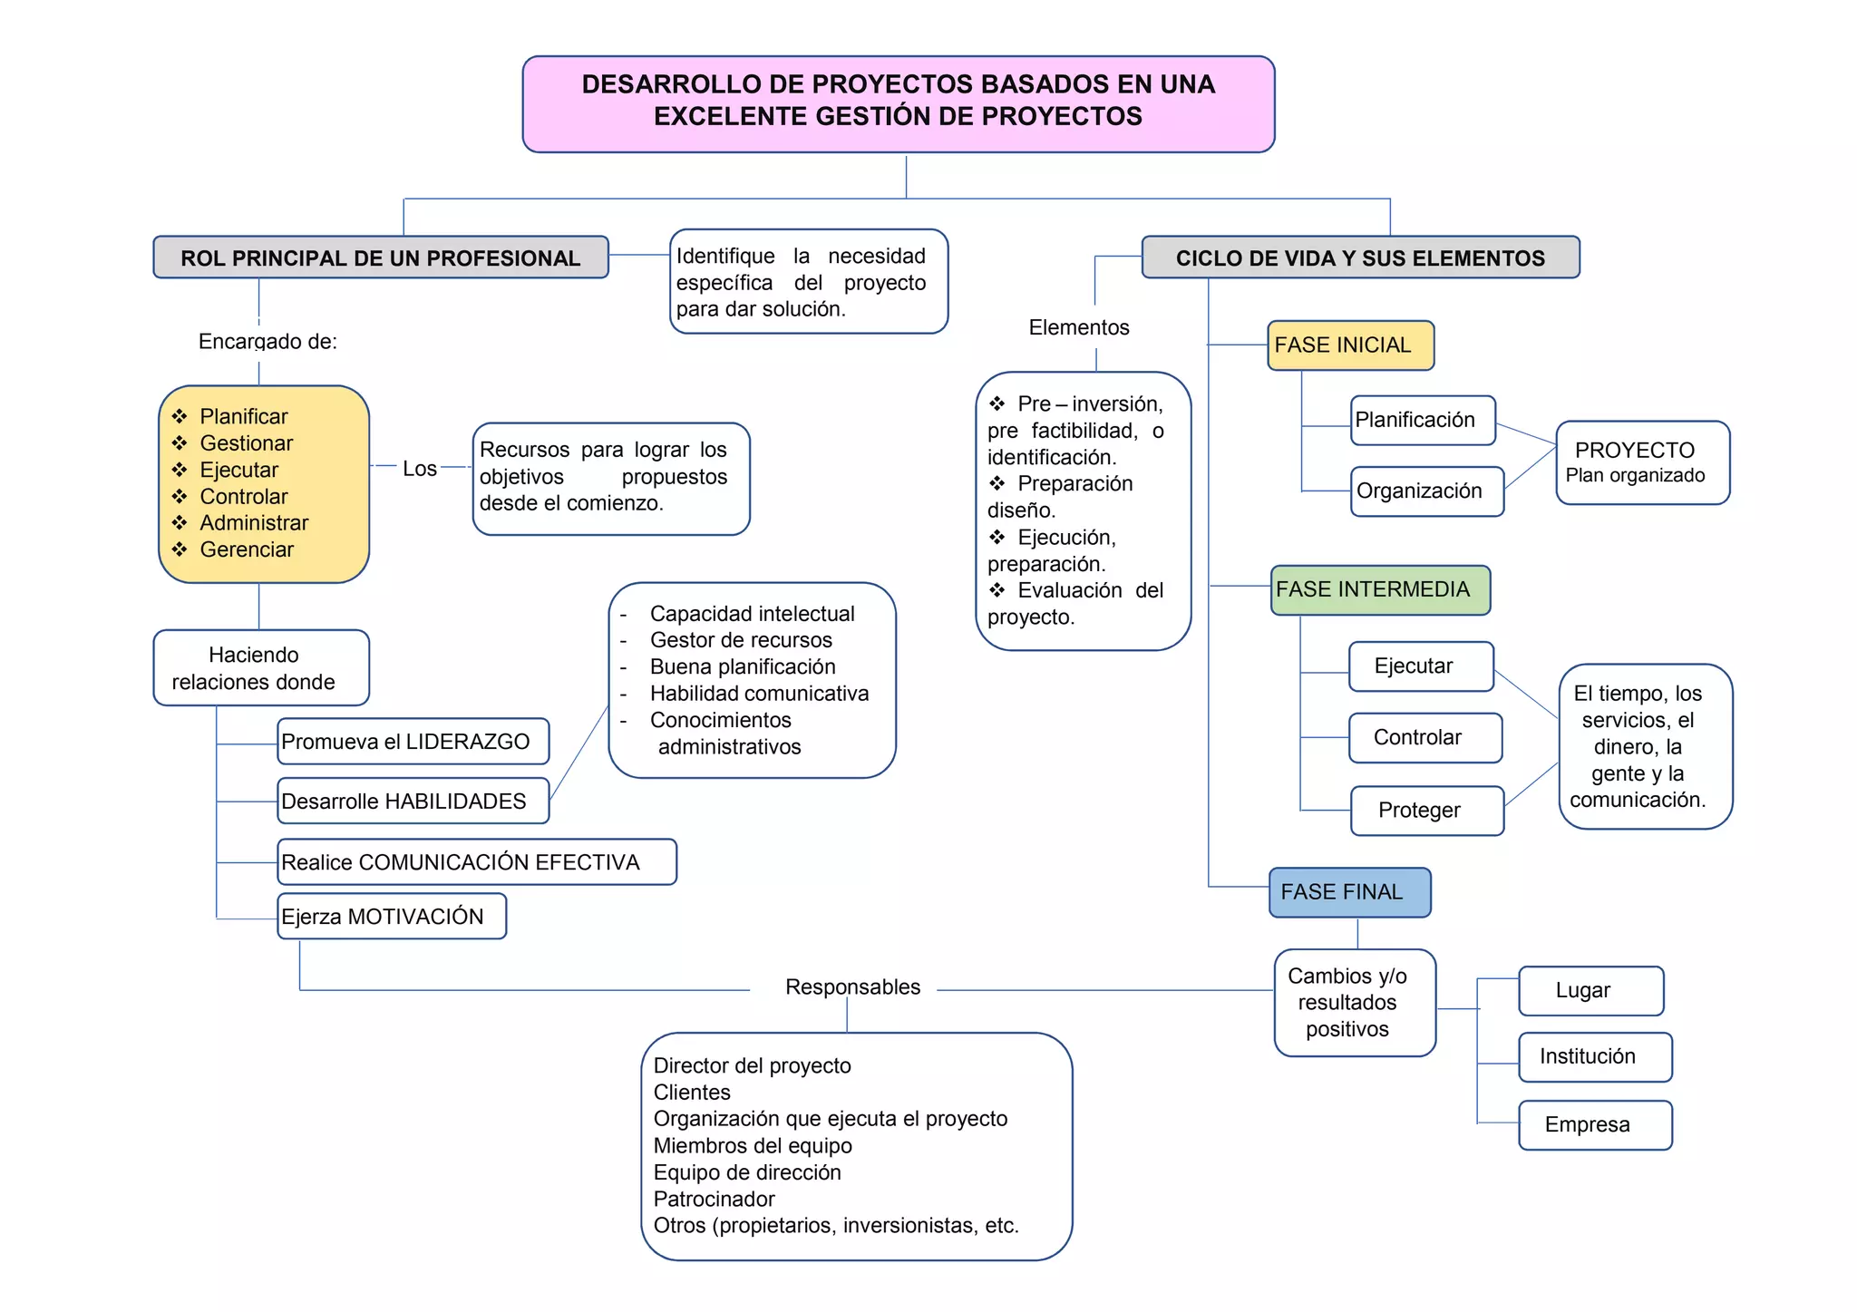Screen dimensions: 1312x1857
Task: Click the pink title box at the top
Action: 898,103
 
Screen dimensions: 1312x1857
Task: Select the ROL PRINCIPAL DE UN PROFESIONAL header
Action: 380,258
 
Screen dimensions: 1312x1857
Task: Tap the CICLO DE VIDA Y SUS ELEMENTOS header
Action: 1359,258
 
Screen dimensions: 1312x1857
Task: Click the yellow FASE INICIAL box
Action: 1349,345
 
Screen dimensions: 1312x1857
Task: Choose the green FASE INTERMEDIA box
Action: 1379,589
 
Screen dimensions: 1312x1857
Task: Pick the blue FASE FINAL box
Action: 1348,892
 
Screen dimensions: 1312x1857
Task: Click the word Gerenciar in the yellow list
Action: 247,549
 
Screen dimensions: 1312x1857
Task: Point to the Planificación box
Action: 1421,420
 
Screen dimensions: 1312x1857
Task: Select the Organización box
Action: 1425,491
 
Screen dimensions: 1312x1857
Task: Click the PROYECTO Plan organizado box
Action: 1641,462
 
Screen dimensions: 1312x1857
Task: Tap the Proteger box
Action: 1425,811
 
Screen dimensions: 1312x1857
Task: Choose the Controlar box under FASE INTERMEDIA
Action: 1424,738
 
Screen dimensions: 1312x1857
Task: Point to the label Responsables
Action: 852,987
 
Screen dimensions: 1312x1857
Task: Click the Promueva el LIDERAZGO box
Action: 413,742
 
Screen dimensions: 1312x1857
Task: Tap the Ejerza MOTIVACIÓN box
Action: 391,917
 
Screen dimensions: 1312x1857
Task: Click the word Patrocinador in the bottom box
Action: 714,1200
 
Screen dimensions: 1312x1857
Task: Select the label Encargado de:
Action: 267,342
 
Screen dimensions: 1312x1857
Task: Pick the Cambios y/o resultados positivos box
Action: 1354,1003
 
